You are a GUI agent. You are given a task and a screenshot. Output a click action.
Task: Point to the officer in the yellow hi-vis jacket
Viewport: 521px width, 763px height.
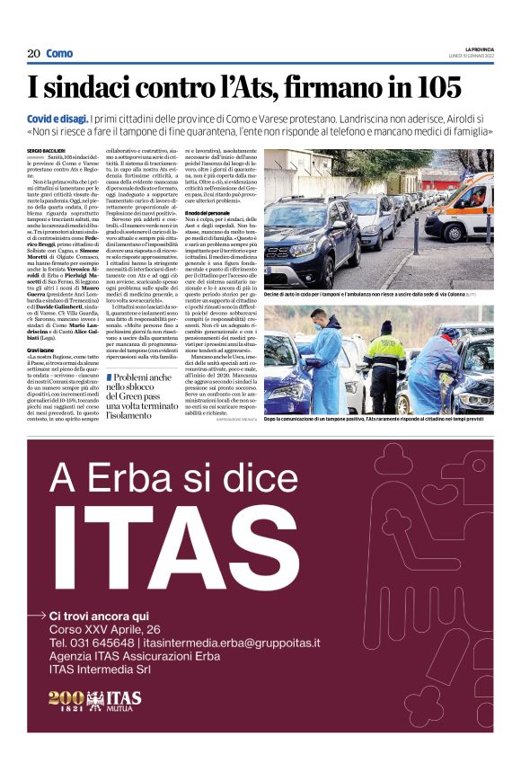coord(384,368)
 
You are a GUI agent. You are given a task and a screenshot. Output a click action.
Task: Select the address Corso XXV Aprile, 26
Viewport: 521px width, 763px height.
coord(105,630)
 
